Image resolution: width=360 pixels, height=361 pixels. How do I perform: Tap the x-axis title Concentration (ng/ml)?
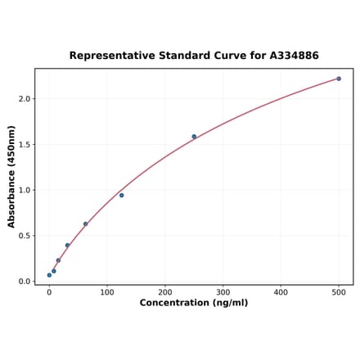(x=194, y=303)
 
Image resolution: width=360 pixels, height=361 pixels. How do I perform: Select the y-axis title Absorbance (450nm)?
(x=11, y=177)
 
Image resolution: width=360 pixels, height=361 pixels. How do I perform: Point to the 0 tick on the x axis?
(x=49, y=291)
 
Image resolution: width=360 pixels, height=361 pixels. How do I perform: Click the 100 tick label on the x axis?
(x=107, y=291)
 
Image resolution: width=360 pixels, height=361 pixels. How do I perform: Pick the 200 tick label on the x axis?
(x=165, y=291)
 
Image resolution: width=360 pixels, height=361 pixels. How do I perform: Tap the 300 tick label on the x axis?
(x=223, y=291)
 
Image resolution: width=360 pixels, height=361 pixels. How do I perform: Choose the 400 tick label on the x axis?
(x=281, y=291)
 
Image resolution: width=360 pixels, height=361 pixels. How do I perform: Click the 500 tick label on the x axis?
(x=339, y=291)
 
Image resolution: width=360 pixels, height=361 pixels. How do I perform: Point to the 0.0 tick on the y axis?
(x=25, y=282)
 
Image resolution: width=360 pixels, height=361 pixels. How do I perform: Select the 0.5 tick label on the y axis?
(x=25, y=236)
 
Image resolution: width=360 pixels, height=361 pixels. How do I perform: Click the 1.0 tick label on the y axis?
(x=25, y=190)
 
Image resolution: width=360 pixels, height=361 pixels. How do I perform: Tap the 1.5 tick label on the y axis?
(x=25, y=145)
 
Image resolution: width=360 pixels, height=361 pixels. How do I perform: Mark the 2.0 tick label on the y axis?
(x=25, y=99)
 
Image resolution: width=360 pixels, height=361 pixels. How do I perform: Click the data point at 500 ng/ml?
(x=339, y=79)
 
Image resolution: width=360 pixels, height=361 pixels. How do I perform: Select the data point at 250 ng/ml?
(x=194, y=137)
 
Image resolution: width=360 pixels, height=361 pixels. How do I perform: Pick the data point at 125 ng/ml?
(x=122, y=195)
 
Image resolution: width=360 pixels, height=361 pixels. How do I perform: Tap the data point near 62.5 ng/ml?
(x=85, y=224)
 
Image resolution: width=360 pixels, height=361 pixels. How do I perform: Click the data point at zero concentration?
(x=49, y=275)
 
